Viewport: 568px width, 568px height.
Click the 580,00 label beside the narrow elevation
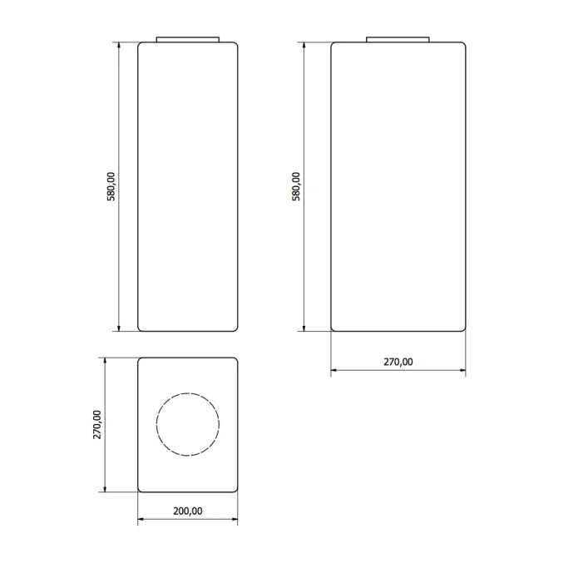click(x=111, y=187)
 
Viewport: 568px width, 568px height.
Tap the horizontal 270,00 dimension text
click(x=398, y=362)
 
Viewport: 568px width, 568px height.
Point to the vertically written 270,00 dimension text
click(x=97, y=425)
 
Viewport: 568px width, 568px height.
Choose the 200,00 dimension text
click(x=188, y=511)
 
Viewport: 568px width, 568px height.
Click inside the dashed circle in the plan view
click(x=188, y=424)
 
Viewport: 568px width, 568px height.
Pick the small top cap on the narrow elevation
click(x=188, y=38)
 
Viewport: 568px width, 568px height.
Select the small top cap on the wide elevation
click(x=398, y=38)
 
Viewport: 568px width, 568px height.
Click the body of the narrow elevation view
click(x=188, y=187)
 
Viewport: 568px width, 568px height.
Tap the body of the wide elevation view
click(x=398, y=187)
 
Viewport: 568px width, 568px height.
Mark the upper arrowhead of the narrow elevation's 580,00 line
click(x=119, y=47)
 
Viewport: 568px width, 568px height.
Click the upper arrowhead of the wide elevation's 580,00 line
click(x=305, y=47)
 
